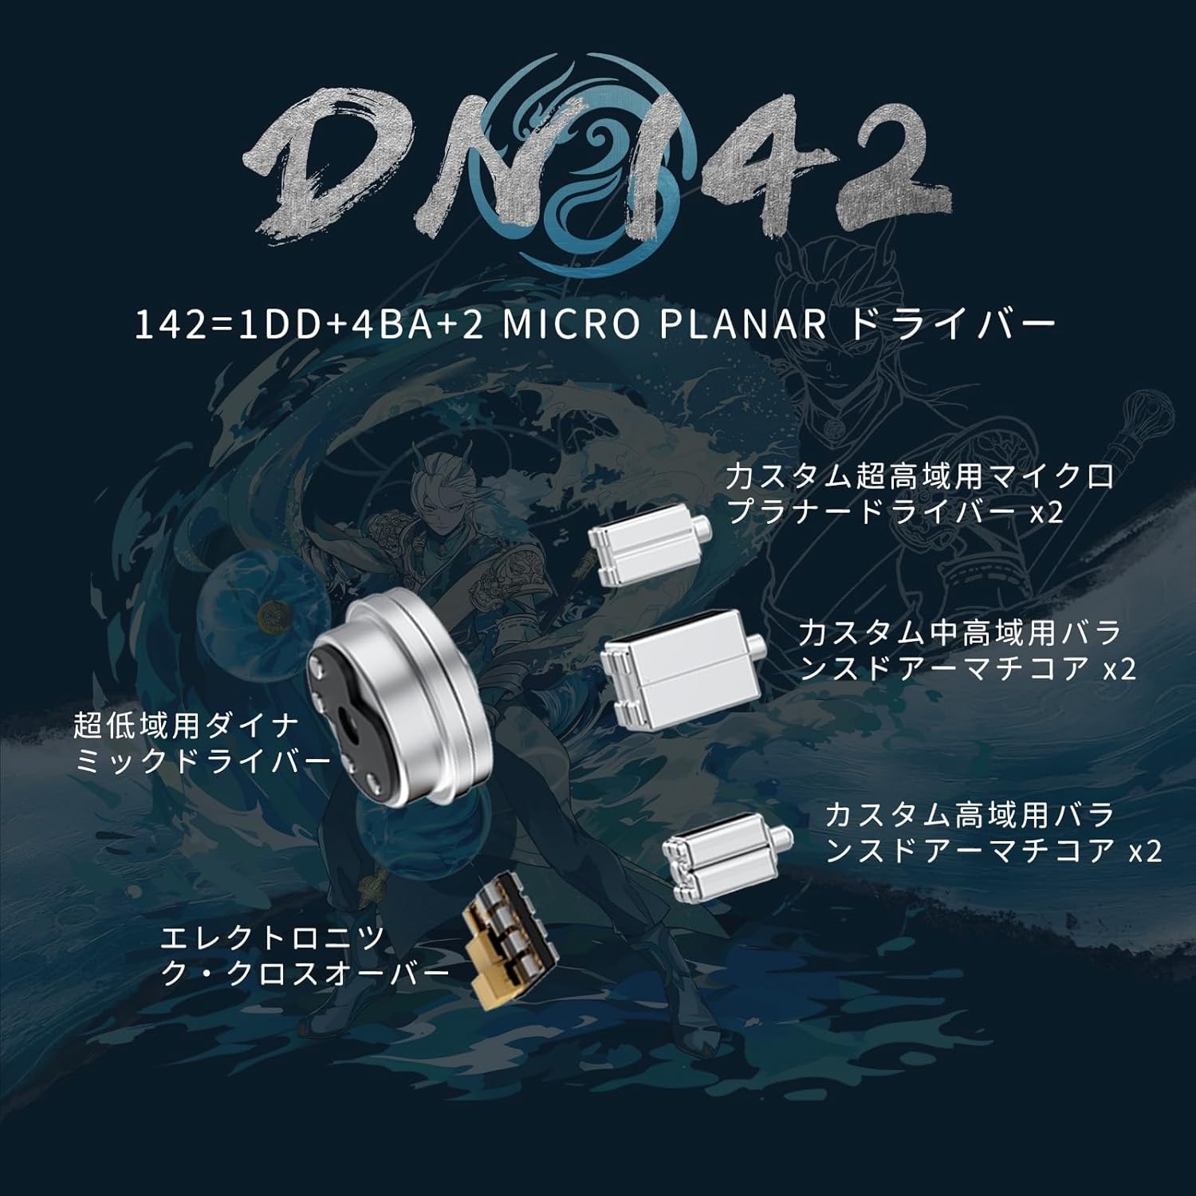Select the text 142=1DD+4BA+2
pyautogui.click(x=309, y=325)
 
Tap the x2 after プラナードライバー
pyautogui.click(x=1046, y=513)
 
